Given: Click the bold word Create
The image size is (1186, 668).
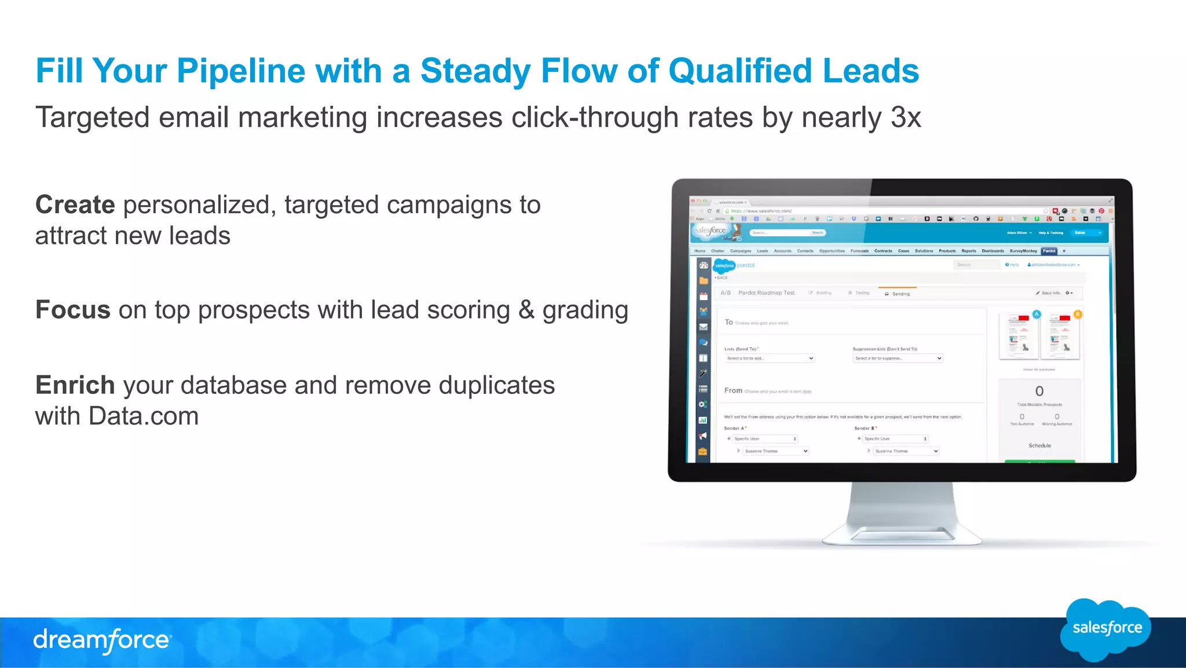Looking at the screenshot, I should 75,205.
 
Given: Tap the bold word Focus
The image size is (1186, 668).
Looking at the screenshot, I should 73,310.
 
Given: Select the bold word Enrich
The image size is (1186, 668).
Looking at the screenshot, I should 75,385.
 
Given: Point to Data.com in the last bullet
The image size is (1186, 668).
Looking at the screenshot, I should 144,417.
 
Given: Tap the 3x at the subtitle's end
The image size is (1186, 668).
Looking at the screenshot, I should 906,118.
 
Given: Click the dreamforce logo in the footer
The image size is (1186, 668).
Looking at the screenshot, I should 102,640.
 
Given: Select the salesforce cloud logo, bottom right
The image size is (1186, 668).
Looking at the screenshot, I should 1106,629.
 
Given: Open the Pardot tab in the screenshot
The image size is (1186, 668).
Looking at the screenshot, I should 1049,251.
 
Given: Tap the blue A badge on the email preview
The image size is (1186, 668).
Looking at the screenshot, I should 1037,314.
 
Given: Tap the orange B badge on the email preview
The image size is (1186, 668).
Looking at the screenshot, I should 1077,314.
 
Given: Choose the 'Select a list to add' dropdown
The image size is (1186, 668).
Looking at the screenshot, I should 770,359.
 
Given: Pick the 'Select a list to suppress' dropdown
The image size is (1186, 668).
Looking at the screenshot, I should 898,359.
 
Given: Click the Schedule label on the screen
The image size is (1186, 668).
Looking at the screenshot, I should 1039,446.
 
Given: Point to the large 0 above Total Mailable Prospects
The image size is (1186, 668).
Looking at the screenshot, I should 1039,391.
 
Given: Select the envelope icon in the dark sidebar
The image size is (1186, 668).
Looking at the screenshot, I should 703,327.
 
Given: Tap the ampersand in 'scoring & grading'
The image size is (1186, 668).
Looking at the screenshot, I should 526,310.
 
